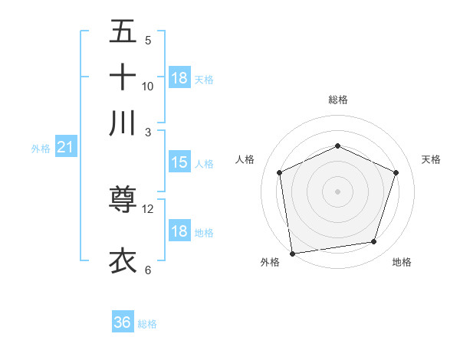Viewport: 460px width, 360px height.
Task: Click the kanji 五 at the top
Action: pyautogui.click(x=123, y=31)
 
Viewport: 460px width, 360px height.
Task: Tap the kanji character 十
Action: pyautogui.click(x=123, y=77)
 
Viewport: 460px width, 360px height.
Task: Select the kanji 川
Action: pyautogui.click(x=123, y=123)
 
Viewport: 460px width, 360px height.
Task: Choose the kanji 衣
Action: pyautogui.click(x=123, y=260)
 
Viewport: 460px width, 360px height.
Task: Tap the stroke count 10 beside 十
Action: pyautogui.click(x=148, y=87)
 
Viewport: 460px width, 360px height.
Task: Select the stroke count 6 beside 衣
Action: pyautogui.click(x=148, y=270)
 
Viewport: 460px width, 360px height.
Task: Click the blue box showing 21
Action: pyautogui.click(x=64, y=148)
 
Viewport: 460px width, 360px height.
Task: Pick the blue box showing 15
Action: pyautogui.click(x=179, y=162)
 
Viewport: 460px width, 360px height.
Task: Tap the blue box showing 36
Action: pyautogui.click(x=122, y=322)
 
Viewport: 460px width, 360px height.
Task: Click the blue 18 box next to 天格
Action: pyautogui.click(x=179, y=78)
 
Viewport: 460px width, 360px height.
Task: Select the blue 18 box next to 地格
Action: pyautogui.click(x=179, y=231)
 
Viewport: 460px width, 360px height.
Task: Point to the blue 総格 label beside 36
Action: pyautogui.click(x=147, y=324)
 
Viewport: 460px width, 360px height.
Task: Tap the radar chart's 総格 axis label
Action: pyautogui.click(x=338, y=100)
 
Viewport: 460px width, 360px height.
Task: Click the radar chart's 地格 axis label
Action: pyautogui.click(x=402, y=263)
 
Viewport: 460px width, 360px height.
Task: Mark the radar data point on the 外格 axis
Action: pyautogui.click(x=292, y=253)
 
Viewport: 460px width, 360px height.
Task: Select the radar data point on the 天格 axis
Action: pyautogui.click(x=396, y=172)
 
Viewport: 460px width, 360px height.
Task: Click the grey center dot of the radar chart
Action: pyautogui.click(x=337, y=191)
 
